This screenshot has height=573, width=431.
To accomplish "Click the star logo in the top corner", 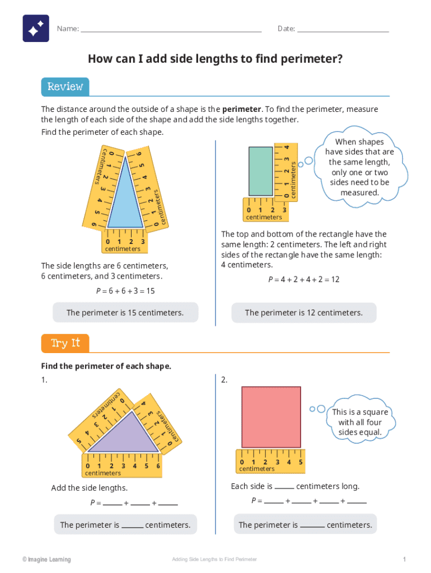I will point(36,29).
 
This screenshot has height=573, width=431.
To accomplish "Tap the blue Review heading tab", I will point(65,87).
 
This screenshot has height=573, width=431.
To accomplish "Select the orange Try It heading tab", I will point(65,343).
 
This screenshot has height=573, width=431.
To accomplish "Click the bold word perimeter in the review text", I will point(241,109).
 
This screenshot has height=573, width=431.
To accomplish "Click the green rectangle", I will point(260,171).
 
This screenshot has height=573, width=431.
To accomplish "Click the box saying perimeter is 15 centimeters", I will point(125,313).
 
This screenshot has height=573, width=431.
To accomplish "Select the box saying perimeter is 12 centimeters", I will point(304,313).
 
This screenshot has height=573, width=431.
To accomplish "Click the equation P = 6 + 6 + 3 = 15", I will point(125,291).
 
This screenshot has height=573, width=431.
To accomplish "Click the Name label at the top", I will point(68,29).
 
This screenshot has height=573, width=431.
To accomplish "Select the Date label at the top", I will point(286,29).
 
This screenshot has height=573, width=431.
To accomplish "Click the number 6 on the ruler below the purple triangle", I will point(158,466).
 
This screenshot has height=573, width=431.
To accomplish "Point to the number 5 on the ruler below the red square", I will point(301,462).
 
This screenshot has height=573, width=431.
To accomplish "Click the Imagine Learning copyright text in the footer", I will point(46,560).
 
